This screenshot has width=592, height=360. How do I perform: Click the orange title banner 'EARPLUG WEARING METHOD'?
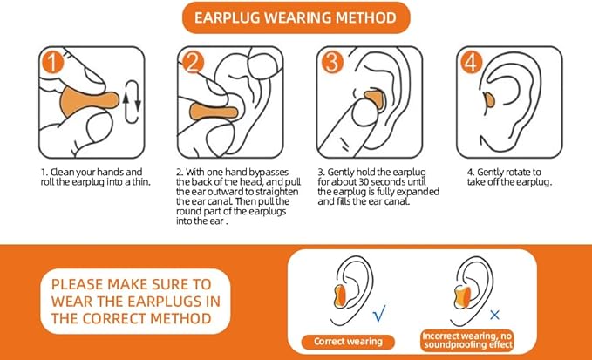pyautogui.click(x=296, y=17)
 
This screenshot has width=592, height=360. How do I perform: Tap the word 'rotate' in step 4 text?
pyautogui.click(x=516, y=173)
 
